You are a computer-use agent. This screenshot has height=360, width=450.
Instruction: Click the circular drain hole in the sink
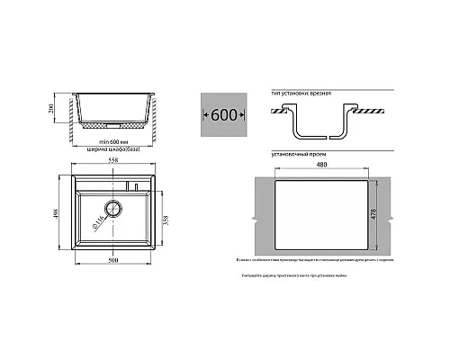(112, 208)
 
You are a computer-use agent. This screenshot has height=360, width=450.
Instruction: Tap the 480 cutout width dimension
(322, 165)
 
